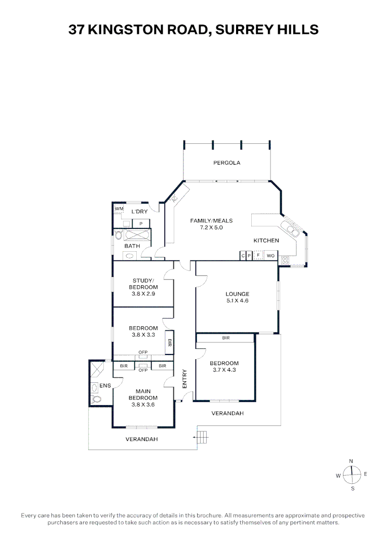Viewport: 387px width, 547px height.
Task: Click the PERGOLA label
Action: [226, 163]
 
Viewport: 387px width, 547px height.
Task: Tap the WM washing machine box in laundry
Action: [119, 209]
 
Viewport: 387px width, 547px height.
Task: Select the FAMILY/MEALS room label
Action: [211, 221]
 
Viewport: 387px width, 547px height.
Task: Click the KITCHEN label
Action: [266, 241]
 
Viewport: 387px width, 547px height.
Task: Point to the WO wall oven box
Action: [270, 256]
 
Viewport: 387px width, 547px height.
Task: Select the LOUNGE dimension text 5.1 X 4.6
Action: [238, 301]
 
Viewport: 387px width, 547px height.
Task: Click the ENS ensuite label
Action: [105, 386]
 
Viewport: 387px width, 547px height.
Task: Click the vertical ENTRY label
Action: [184, 379]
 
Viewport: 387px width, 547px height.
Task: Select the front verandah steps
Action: [202, 436]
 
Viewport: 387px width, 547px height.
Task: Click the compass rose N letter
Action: [351, 461]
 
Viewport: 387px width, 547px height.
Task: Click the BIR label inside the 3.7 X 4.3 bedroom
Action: [226, 338]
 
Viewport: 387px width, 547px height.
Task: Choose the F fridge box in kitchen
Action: [258, 256]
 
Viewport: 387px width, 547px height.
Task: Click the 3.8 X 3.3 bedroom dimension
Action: [143, 335]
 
